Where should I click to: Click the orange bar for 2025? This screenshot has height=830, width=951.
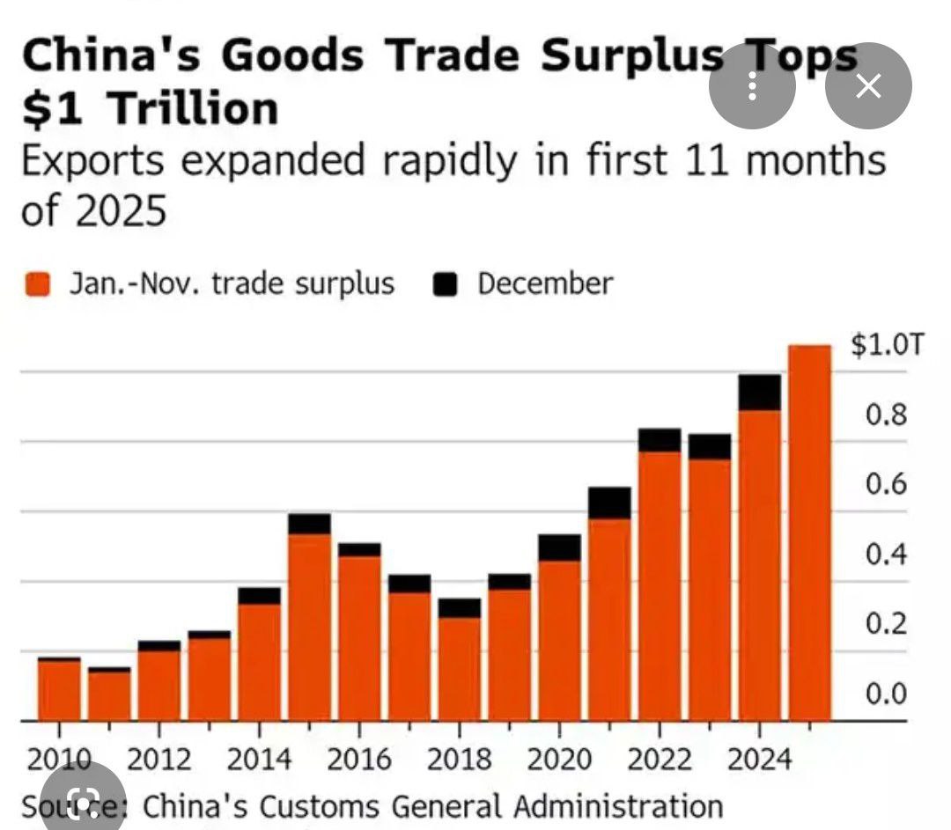[x=809, y=533]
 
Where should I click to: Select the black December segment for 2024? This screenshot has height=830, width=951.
[x=759, y=393]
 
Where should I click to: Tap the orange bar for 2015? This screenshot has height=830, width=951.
[x=309, y=627]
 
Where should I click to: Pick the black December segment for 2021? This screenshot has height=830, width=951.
[x=609, y=503]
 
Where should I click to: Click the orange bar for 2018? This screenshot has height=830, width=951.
[x=460, y=669]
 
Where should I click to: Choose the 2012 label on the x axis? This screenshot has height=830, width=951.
[x=159, y=759]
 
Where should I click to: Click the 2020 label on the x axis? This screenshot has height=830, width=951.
[x=559, y=759]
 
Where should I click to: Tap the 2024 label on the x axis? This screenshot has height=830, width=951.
[x=759, y=759]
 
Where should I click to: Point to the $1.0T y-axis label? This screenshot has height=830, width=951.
[x=888, y=345]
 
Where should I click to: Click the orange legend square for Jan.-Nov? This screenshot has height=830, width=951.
[x=38, y=284]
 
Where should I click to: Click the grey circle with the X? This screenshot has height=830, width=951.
[x=868, y=85]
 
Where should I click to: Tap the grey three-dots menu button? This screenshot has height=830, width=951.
[x=752, y=85]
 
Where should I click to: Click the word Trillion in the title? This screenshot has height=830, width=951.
[x=196, y=108]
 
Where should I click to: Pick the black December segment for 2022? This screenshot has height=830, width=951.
[x=660, y=440]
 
